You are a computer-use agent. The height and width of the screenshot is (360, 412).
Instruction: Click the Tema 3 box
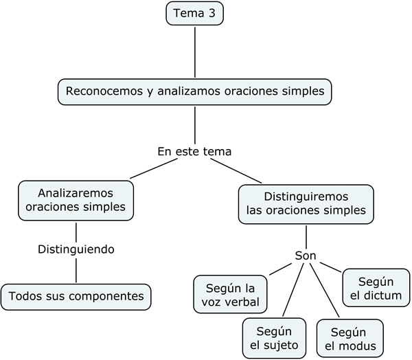coord(195,14)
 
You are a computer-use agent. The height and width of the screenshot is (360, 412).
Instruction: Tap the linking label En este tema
coord(194,151)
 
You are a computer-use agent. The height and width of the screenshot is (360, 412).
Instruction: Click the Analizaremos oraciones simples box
coord(76,201)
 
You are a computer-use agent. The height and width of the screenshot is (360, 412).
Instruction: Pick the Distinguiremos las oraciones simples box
coord(306,204)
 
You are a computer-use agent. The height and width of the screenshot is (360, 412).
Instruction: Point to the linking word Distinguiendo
coord(76,249)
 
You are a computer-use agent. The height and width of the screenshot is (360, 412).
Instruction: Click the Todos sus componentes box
coord(76,297)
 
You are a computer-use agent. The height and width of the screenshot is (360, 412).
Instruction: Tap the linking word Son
coord(306,256)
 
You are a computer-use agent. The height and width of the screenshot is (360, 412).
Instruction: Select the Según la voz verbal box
coord(230,294)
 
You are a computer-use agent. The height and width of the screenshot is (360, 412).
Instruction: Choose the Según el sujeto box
coord(274,338)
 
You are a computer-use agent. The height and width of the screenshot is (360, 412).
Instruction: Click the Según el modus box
coord(350,339)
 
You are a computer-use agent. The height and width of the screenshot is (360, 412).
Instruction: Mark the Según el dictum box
coord(376,288)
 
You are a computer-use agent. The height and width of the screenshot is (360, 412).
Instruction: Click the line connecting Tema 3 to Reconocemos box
coord(195,52)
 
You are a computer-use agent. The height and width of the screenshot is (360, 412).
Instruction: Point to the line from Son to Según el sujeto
coord(293,290)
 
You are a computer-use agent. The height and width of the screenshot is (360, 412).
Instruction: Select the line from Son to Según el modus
coord(324,291)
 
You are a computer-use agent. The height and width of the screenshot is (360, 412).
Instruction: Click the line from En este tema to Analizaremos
coord(153,168)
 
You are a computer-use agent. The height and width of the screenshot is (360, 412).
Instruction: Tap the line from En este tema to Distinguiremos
coord(236,170)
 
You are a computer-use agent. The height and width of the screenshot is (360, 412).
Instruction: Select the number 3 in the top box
coord(212,13)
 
